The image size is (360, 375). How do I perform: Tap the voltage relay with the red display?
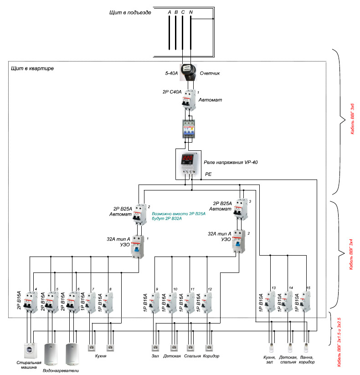click(x=188, y=163)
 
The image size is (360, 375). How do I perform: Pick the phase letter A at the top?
click(x=170, y=11)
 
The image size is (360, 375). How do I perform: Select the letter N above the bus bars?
click(x=190, y=11)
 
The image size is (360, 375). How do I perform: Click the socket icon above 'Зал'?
click(x=155, y=347)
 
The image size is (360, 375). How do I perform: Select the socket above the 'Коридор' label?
click(x=209, y=347)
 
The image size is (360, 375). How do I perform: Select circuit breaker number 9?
click(x=155, y=303)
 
